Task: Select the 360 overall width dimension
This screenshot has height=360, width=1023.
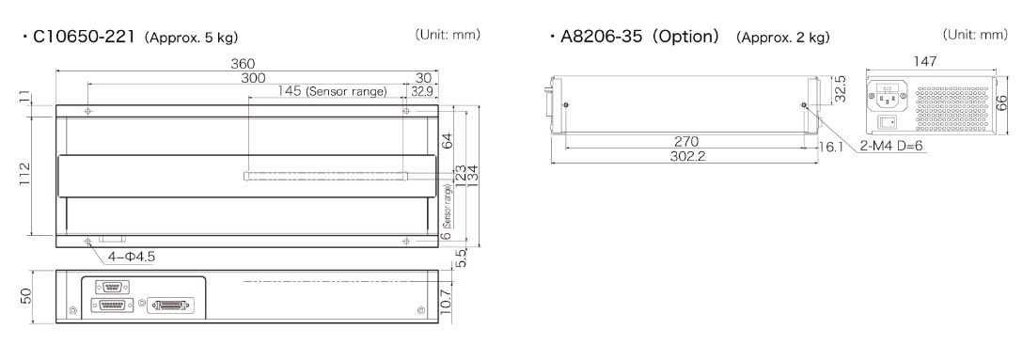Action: coord(244,64)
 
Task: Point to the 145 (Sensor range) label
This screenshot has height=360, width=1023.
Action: coord(332,91)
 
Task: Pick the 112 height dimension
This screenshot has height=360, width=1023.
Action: coord(24,175)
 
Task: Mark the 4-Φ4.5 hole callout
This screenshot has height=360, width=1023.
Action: coord(131,257)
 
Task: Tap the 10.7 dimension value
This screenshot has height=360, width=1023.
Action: coord(446,303)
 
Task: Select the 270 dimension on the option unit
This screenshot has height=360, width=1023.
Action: coord(685,142)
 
